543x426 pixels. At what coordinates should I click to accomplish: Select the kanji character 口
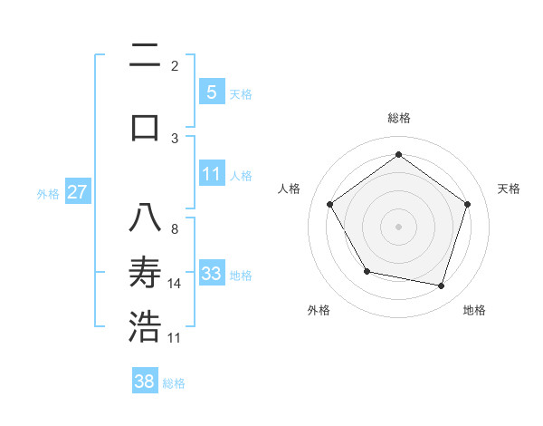145,126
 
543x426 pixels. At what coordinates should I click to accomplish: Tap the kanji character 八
145,218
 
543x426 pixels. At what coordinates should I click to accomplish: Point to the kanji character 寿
145,273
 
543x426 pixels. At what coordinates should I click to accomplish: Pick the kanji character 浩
145,327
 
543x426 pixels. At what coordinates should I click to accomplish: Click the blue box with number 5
211,92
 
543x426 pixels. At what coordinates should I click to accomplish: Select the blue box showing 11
211,174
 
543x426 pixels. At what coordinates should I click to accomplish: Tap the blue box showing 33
211,274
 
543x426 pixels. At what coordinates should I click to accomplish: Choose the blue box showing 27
77,192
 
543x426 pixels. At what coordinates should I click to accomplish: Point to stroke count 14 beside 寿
175,284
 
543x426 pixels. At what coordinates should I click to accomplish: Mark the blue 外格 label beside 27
48,193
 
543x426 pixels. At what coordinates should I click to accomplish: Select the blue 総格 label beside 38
174,383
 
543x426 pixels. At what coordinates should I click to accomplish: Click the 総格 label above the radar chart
398,118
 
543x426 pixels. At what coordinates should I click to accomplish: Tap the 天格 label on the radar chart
509,189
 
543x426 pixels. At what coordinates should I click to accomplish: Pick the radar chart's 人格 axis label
290,189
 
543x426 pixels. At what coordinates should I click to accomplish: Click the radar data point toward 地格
441,286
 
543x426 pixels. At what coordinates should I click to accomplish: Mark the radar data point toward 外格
367,271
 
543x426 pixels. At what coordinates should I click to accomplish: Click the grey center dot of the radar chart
398,227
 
